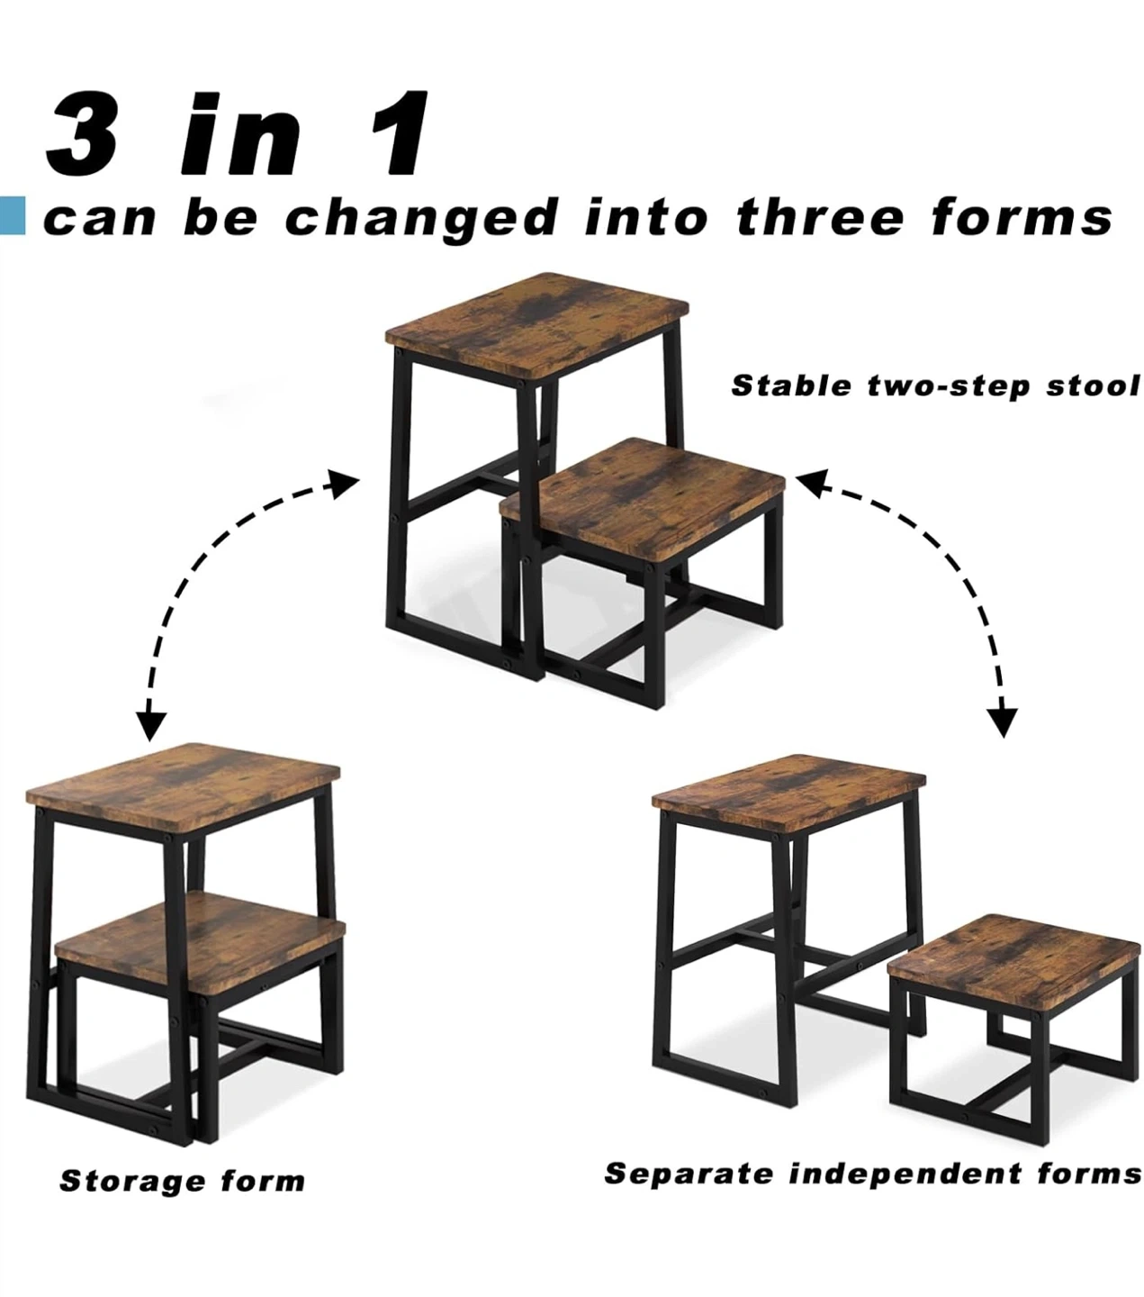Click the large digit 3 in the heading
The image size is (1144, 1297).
83,133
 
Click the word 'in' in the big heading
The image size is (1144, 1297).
240,133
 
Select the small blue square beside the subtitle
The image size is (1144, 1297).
13,216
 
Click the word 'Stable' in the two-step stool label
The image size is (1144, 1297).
791,386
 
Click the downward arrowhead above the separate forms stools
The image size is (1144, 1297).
1002,722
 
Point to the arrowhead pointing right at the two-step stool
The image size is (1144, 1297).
344,484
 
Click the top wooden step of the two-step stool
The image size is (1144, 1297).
537,326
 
